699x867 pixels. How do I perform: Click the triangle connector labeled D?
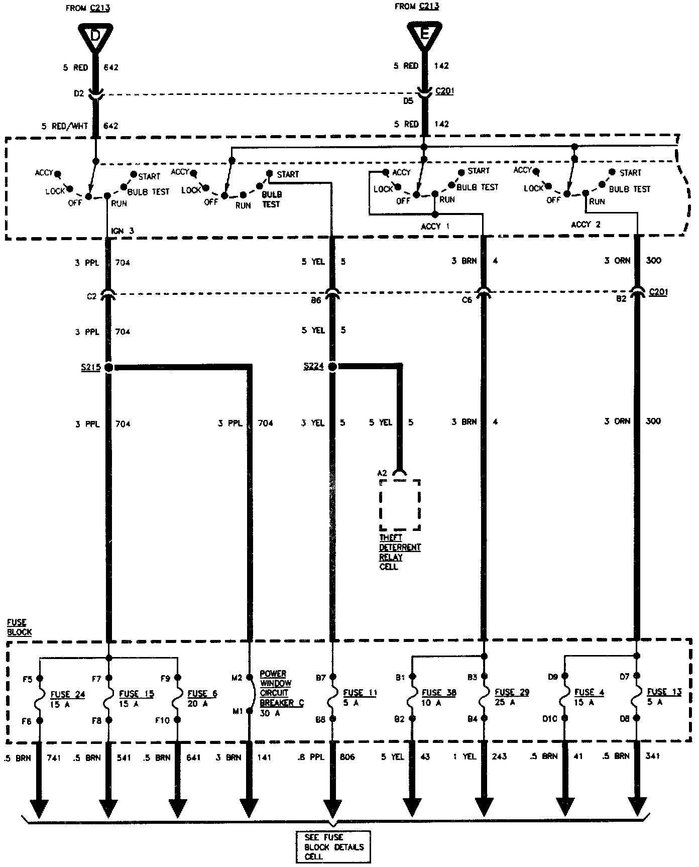[95, 37]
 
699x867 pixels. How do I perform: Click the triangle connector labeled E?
[424, 35]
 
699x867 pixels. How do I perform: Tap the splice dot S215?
[108, 367]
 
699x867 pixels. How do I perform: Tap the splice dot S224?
[332, 367]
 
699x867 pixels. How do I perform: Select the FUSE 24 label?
[68, 695]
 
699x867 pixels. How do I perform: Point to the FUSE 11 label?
[360, 693]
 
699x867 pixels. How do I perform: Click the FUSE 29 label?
[512, 692]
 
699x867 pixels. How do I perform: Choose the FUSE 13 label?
[664, 692]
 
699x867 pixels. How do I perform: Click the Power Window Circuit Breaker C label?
[281, 688]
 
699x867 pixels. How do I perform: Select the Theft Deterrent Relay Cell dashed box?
[400, 505]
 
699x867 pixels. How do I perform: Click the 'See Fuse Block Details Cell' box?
[333, 846]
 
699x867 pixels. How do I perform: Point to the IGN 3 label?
[123, 231]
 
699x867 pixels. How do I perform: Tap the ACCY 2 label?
[586, 225]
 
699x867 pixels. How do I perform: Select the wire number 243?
[499, 756]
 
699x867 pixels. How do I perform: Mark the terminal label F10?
[162, 720]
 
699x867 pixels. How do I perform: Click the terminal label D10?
[550, 719]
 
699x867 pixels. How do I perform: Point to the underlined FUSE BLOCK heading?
[19, 627]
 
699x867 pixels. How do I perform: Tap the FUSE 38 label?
[439, 692]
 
